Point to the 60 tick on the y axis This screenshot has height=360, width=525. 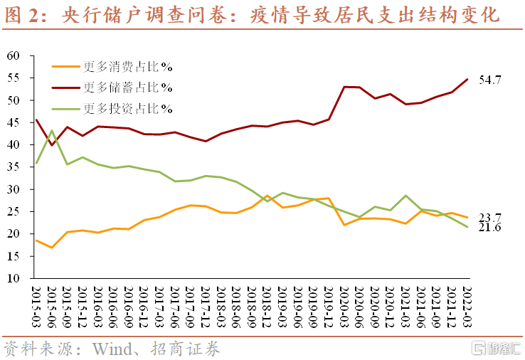pyautogui.click(x=19, y=55)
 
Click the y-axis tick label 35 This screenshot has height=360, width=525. pyautogui.click(x=19, y=167)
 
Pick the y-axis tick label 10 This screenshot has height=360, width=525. pyautogui.click(x=19, y=278)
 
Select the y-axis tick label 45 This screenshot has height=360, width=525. pyautogui.click(x=19, y=122)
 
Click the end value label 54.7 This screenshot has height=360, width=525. pyautogui.click(x=490, y=80)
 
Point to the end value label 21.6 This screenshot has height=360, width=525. pyautogui.click(x=490, y=227)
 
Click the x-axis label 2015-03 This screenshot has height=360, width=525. pyautogui.click(x=36, y=306)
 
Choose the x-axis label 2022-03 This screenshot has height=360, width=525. pyautogui.click(x=467, y=306)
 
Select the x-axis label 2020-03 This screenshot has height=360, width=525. pyautogui.click(x=344, y=306)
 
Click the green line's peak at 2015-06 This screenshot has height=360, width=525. pyautogui.click(x=52, y=131)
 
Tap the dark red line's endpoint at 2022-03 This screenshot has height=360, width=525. pyautogui.click(x=467, y=79)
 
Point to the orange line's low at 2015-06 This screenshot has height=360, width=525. pyautogui.click(x=52, y=248)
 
